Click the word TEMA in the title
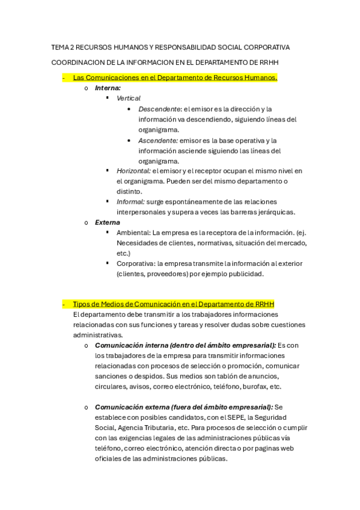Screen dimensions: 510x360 [60, 47]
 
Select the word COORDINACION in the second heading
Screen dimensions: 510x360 [76, 62]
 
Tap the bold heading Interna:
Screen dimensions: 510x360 [108, 88]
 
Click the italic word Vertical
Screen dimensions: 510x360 [129, 98]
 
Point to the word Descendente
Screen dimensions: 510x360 [159, 109]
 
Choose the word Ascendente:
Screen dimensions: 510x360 [158, 140]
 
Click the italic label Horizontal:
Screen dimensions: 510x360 [133, 171]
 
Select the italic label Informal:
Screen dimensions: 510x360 [130, 201]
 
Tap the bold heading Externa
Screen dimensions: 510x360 [108, 222]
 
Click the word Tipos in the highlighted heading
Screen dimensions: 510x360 [81, 304]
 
